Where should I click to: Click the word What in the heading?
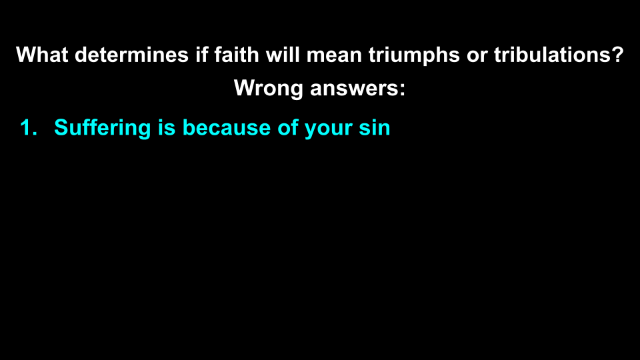[x=42, y=55]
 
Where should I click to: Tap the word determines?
[x=131, y=55]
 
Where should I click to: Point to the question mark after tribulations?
[x=617, y=55]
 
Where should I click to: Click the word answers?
[x=355, y=88]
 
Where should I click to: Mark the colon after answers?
[x=402, y=88]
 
